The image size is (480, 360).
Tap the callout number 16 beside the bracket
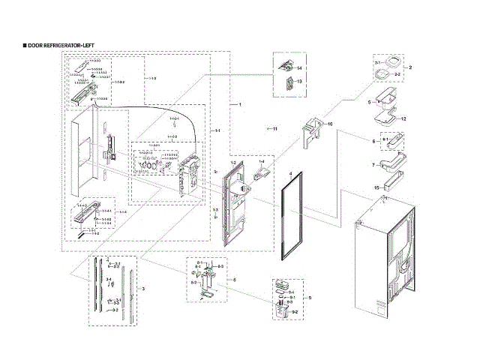pyautogui.click(x=329, y=124)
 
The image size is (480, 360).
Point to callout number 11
pyautogui.click(x=274, y=129)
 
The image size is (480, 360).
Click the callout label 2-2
pyautogui.click(x=398, y=76)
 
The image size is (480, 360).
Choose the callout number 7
pyautogui.click(x=373, y=164)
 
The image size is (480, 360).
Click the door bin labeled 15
pyautogui.click(x=390, y=185)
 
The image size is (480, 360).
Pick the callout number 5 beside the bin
pyautogui.click(x=369, y=101)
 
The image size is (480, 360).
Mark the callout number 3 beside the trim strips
pyautogui.click(x=142, y=289)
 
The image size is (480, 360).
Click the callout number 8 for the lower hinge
pyautogui.click(x=235, y=280)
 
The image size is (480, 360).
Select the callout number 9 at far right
pyautogui.click(x=309, y=298)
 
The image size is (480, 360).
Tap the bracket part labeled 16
pyautogui.click(x=313, y=135)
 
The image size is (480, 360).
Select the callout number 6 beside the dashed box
pyautogui.click(x=373, y=141)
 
